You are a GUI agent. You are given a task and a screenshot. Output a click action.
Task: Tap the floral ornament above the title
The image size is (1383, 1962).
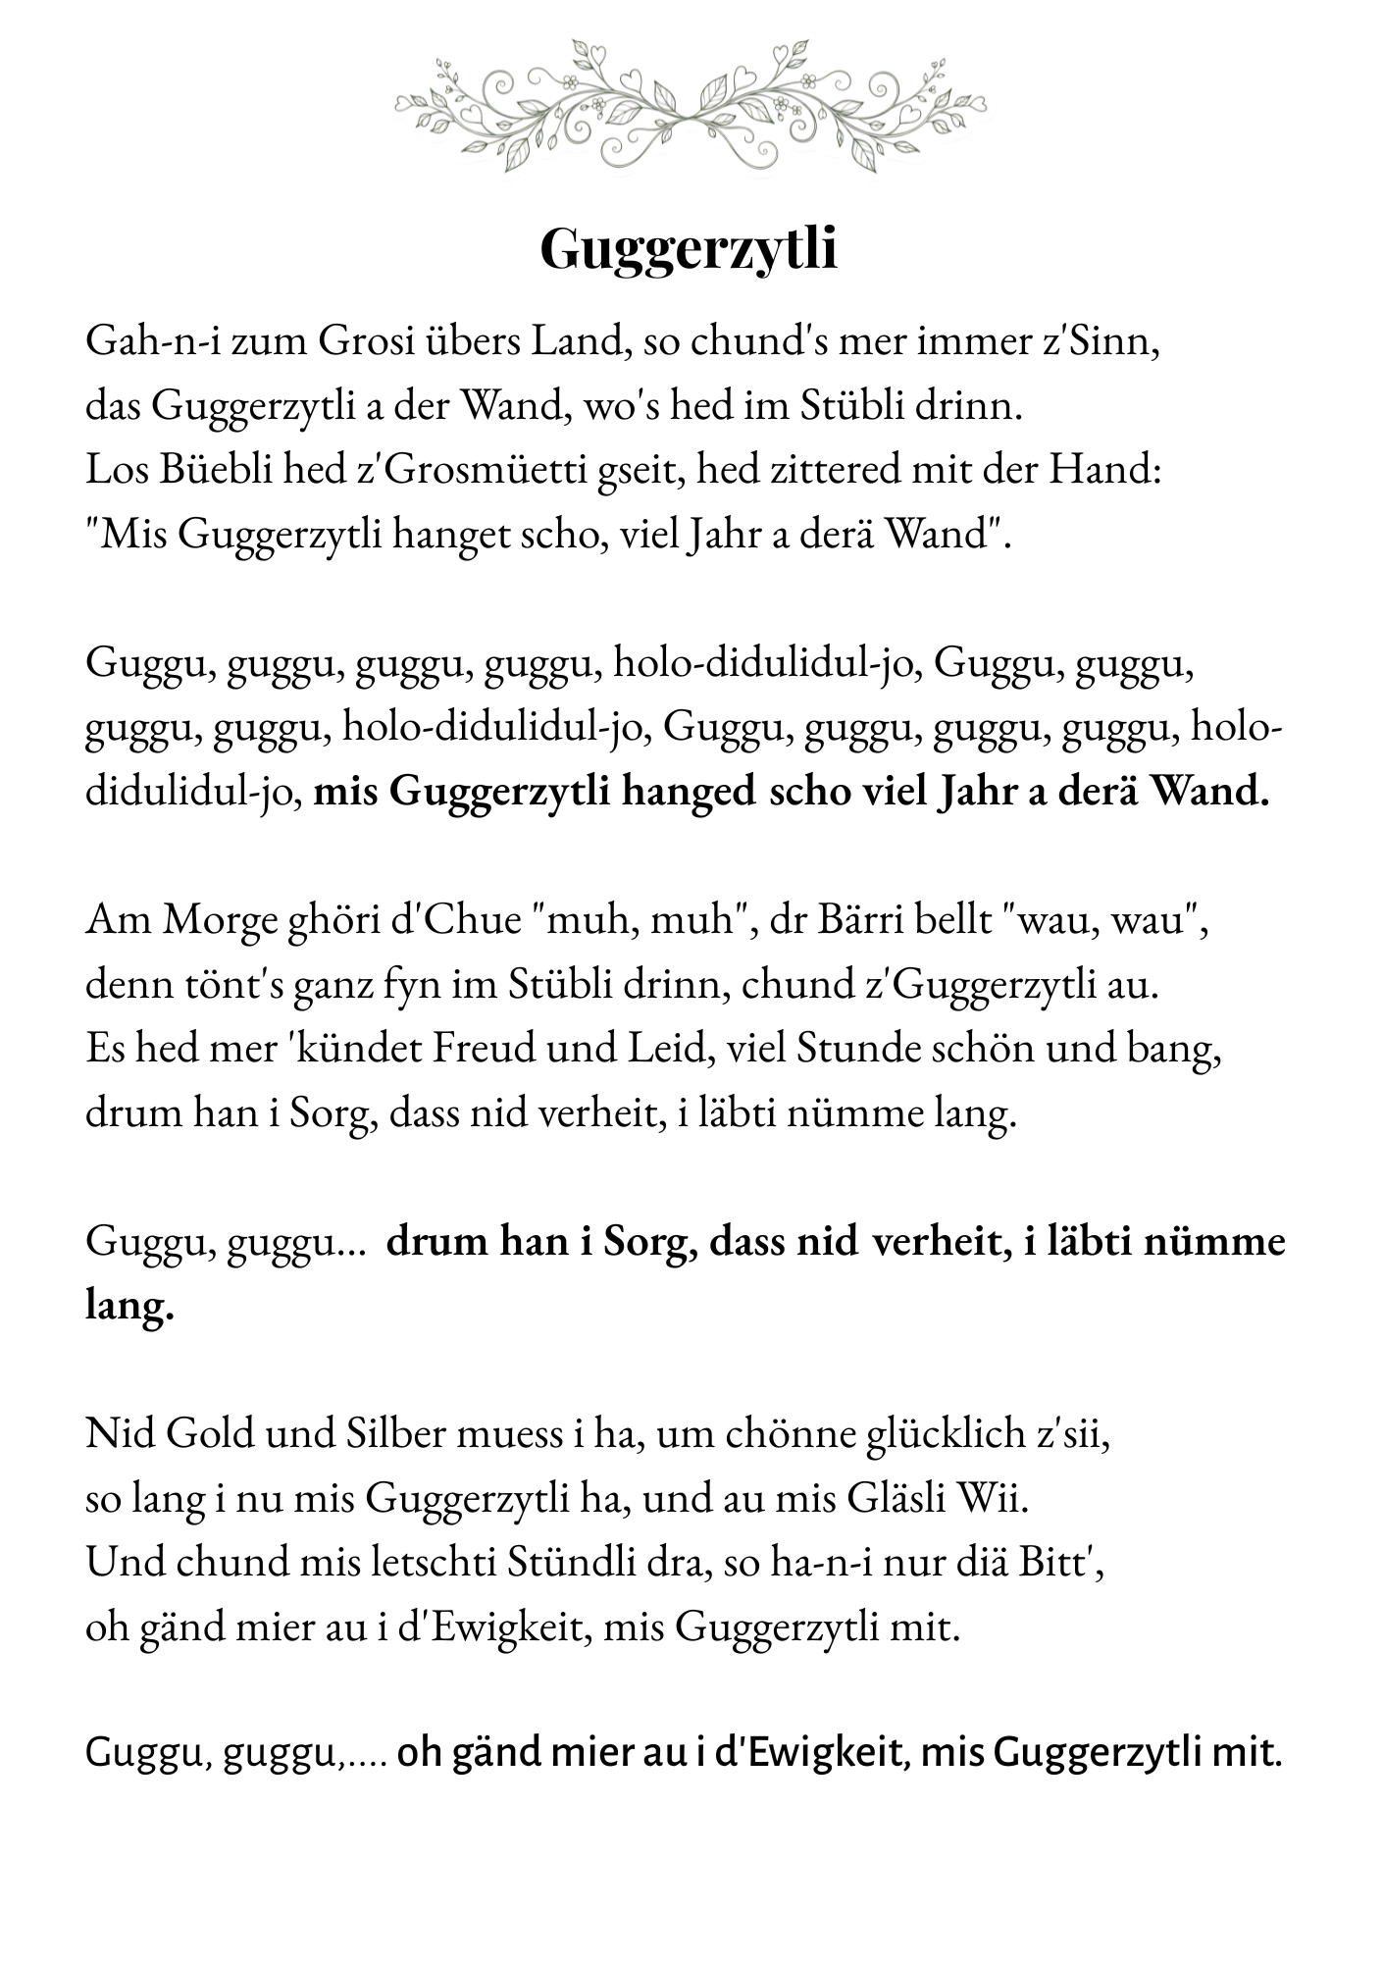[x=691, y=106]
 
